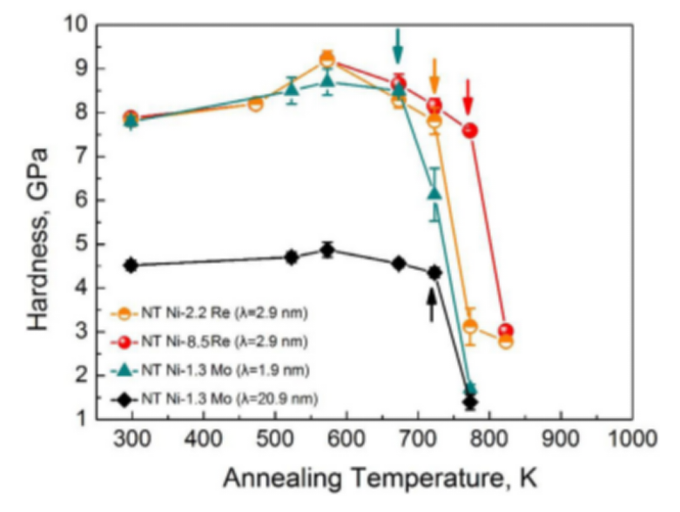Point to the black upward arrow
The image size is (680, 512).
(x=431, y=305)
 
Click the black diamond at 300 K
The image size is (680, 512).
(x=131, y=265)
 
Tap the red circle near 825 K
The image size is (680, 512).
(x=506, y=332)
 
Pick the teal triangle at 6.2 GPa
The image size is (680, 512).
(x=434, y=192)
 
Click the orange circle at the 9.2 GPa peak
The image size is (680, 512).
(x=327, y=60)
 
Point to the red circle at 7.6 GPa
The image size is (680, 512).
(x=470, y=131)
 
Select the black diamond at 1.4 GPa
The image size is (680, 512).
(x=470, y=401)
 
